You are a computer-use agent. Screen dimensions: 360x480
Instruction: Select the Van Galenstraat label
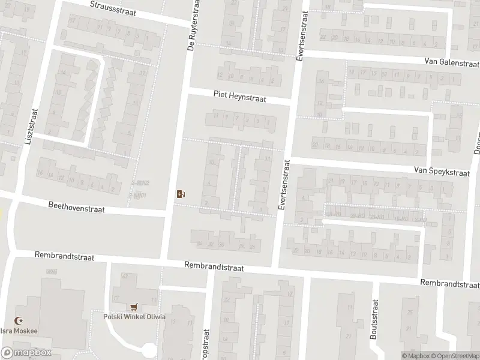(451, 62)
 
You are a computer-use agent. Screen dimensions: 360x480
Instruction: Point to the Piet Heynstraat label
(239, 95)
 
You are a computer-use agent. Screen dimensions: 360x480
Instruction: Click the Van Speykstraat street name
(441, 171)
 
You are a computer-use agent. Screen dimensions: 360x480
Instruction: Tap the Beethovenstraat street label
(77, 207)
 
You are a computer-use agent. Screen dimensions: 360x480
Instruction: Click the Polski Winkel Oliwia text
(134, 317)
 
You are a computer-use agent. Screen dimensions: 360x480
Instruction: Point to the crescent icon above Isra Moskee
(17, 322)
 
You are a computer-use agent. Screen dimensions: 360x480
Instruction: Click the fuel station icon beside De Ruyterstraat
(181, 193)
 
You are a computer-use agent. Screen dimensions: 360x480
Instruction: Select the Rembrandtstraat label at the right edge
(449, 283)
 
